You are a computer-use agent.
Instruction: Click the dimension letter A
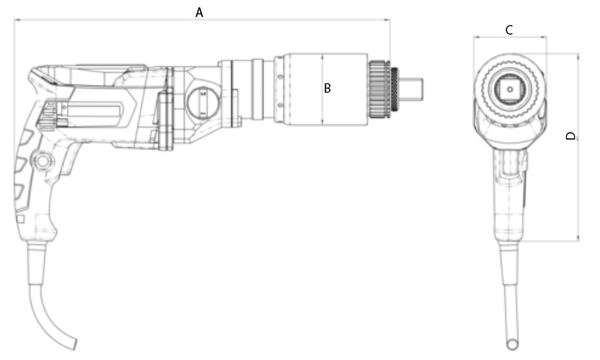tap(199, 13)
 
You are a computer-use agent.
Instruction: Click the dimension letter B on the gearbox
tap(327, 88)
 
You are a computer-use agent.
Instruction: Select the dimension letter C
tap(509, 30)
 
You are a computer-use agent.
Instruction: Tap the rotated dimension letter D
tap(571, 135)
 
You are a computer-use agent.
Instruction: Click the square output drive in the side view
tap(412, 90)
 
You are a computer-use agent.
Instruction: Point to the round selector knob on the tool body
tap(202, 102)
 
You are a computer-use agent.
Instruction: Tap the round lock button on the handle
tap(43, 161)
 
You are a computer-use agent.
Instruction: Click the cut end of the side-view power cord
tap(72, 344)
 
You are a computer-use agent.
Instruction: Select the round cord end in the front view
tap(512, 344)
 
